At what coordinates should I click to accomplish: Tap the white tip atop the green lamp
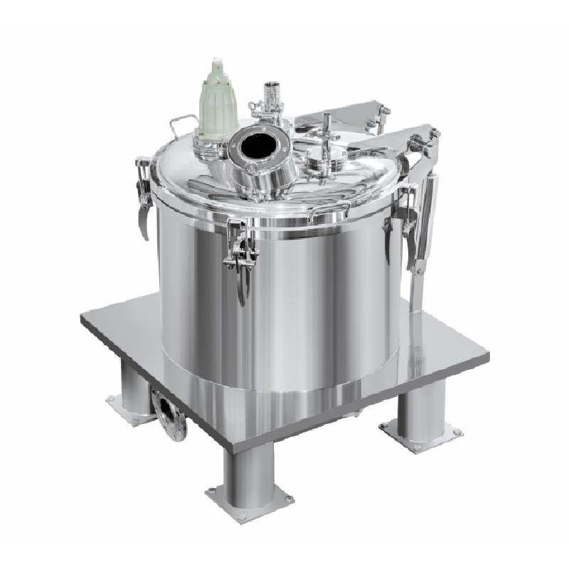(x=214, y=63)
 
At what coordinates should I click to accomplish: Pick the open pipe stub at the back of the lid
(x=270, y=91)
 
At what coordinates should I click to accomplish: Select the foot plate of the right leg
(x=420, y=431)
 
